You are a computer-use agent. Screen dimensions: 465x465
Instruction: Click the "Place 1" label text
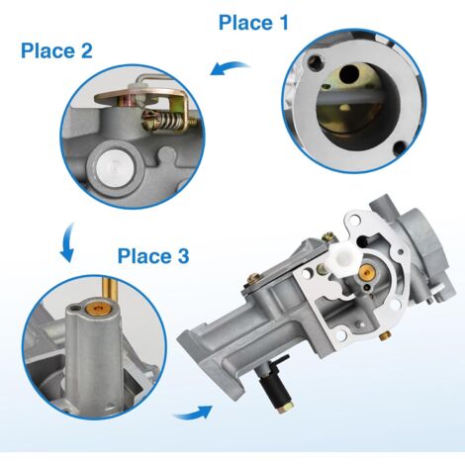pyautogui.click(x=253, y=23)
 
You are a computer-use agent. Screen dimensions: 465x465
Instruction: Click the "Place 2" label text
pyautogui.click(x=56, y=50)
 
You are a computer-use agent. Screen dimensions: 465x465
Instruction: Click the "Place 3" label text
pyautogui.click(x=153, y=256)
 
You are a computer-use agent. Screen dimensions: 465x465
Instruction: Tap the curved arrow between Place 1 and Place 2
pyautogui.click(x=230, y=67)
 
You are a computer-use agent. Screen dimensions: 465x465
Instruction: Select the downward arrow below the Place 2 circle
pyautogui.click(x=67, y=242)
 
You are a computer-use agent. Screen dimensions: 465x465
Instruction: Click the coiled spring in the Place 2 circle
pyautogui.click(x=165, y=120)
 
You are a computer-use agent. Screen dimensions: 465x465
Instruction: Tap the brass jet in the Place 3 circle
pyautogui.click(x=98, y=309)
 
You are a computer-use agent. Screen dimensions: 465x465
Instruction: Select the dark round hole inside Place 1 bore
pyautogui.click(x=349, y=74)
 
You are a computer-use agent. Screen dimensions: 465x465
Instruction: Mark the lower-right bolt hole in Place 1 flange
pyautogui.click(x=401, y=148)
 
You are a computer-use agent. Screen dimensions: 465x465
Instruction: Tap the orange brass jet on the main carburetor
pyautogui.click(x=366, y=272)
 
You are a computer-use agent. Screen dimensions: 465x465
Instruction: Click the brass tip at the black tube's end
pyautogui.click(x=284, y=408)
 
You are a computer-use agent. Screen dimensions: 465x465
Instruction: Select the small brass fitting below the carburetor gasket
pyautogui.click(x=385, y=335)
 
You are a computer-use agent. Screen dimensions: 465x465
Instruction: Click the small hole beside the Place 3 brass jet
pyautogui.click(x=76, y=308)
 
